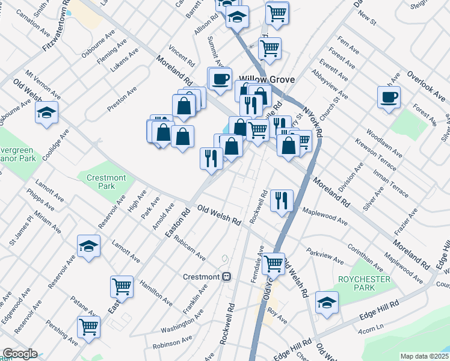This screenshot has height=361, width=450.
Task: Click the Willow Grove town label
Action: (x=265, y=78)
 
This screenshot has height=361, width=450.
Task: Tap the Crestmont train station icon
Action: (x=227, y=277)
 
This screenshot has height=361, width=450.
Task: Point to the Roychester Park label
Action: (x=364, y=283)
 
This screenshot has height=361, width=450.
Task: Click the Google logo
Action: (x=19, y=354)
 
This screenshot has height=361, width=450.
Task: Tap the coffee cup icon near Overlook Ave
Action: (x=389, y=96)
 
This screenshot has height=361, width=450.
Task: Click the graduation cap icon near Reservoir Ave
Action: (x=88, y=245)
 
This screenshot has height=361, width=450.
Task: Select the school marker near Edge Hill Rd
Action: (x=327, y=302)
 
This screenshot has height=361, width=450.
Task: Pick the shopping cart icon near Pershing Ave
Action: (x=88, y=327)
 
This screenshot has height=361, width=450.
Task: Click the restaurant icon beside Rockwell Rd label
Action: (x=282, y=200)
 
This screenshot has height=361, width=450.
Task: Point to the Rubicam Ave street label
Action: (x=190, y=246)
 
